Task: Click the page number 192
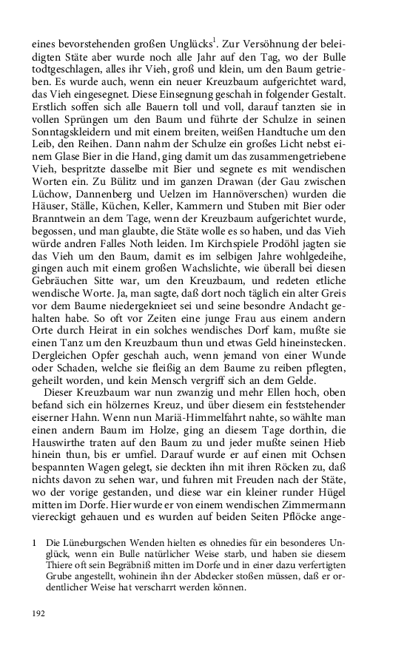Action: [38, 613]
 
